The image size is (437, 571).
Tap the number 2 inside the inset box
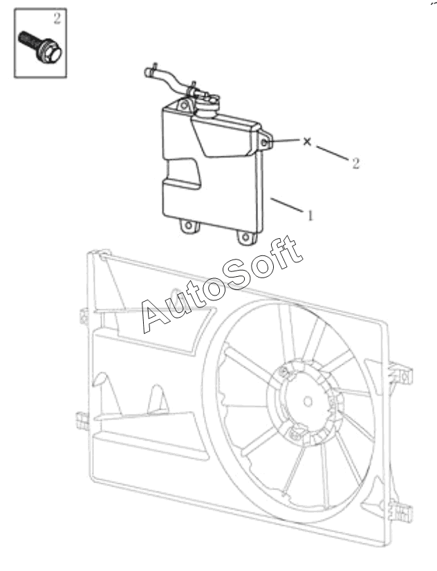click(x=57, y=19)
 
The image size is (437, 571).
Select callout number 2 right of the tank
click(x=355, y=163)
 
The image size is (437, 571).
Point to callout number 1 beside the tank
click(x=310, y=215)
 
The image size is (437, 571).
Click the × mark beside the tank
click(x=308, y=141)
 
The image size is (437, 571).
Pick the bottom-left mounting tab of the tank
click(x=186, y=225)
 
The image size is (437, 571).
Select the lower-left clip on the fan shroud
click(x=80, y=419)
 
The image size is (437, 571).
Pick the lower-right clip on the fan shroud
click(x=400, y=512)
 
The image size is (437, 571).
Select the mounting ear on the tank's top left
click(x=184, y=105)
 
